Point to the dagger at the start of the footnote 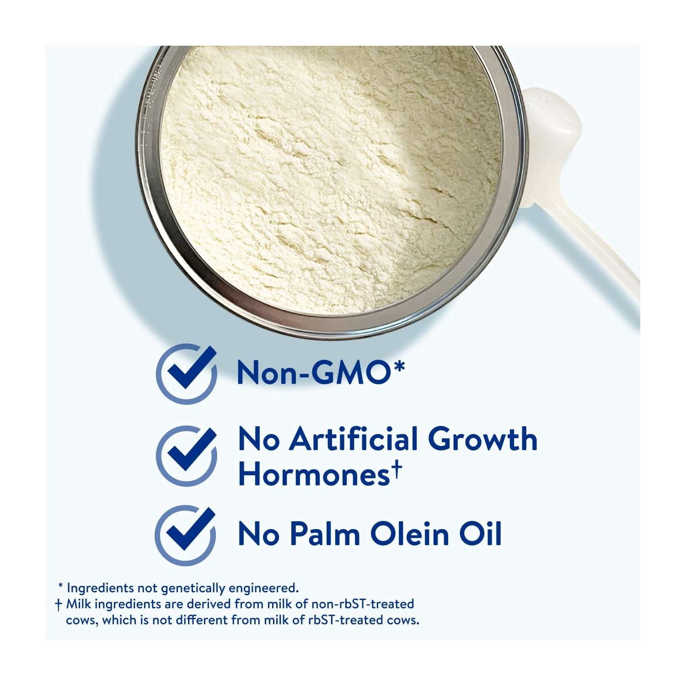pos(58,606)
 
